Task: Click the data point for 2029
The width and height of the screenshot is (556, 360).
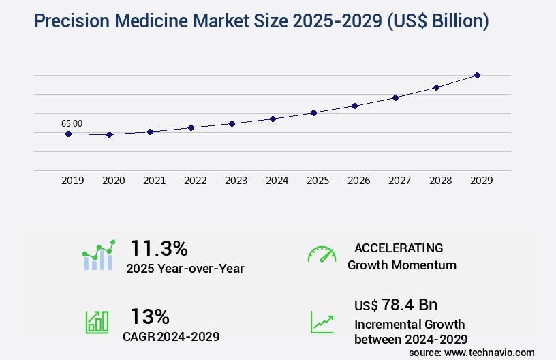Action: pyautogui.click(x=477, y=75)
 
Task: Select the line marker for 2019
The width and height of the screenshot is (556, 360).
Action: pyautogui.click(x=68, y=134)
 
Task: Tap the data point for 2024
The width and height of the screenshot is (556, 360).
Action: pyautogui.click(x=273, y=119)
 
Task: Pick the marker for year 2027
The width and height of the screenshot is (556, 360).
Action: pyautogui.click(x=395, y=97)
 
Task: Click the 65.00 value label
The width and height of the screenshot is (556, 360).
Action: pyautogui.click(x=72, y=123)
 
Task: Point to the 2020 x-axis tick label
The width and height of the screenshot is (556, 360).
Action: pyautogui.click(x=113, y=181)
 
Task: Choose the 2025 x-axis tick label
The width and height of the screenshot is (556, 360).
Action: pyautogui.click(x=318, y=181)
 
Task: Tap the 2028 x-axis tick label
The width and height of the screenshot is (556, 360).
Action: pyautogui.click(x=440, y=181)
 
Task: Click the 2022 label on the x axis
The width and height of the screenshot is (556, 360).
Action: pyautogui.click(x=195, y=181)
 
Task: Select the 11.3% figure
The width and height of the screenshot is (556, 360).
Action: pyautogui.click(x=159, y=247)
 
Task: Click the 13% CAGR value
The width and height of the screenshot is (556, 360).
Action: pyautogui.click(x=150, y=316)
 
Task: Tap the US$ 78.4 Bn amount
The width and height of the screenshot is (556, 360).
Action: pyautogui.click(x=396, y=304)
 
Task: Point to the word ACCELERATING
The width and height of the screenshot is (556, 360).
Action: pyautogui.click(x=399, y=247)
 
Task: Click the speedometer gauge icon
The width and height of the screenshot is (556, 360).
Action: pyautogui.click(x=322, y=254)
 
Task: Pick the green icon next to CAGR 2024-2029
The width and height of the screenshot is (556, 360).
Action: pyautogui.click(x=97, y=322)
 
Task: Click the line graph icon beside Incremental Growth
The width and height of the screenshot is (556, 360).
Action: pyautogui.click(x=322, y=322)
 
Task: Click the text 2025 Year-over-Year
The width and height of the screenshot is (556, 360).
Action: pyautogui.click(x=185, y=268)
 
